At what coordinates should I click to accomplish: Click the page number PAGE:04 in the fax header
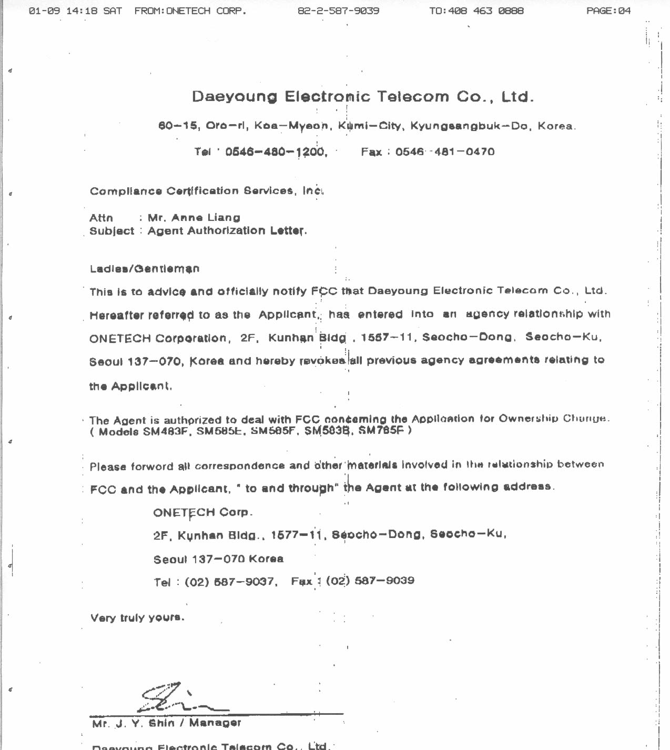pyautogui.click(x=608, y=11)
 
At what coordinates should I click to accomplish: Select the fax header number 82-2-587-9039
pyautogui.click(x=338, y=11)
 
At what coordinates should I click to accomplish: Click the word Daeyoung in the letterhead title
pyautogui.click(x=234, y=97)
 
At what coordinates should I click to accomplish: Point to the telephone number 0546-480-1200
pyautogui.click(x=276, y=152)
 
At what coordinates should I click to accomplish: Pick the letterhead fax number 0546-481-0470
pyautogui.click(x=445, y=152)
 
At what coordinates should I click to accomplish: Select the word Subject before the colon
pyautogui.click(x=111, y=231)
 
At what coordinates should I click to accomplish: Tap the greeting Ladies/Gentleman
pyautogui.click(x=145, y=269)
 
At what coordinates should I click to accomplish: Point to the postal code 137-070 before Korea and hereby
pyautogui.click(x=155, y=362)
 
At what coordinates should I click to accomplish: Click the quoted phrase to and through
pyautogui.click(x=289, y=489)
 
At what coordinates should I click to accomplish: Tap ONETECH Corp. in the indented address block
pyautogui.click(x=203, y=512)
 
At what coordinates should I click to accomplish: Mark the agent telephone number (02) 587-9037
pyautogui.click(x=230, y=582)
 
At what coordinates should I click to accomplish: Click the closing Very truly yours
pyautogui.click(x=137, y=617)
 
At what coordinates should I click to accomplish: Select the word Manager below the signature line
pyautogui.click(x=215, y=723)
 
